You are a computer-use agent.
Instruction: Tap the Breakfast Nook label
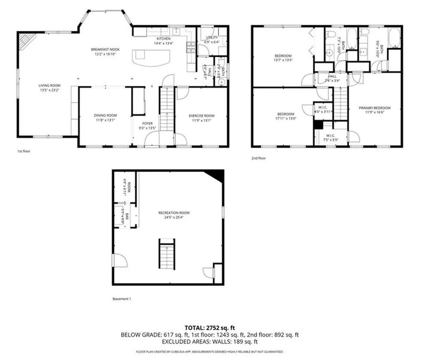104,50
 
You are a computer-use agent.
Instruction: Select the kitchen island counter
151,57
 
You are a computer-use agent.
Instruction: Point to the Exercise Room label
202,116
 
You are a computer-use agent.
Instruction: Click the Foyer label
147,123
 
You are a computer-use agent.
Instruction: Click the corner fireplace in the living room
26,41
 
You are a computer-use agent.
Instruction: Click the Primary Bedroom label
375,108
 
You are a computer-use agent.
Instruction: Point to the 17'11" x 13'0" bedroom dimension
285,119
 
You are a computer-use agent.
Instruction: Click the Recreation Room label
174,213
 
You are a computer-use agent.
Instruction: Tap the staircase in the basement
168,254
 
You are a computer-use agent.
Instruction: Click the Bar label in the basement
127,213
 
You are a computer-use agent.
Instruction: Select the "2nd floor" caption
259,158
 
